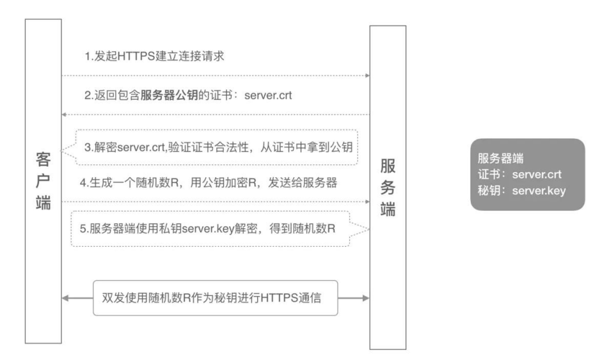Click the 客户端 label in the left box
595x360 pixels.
coord(42,181)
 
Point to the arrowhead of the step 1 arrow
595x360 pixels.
coord(368,75)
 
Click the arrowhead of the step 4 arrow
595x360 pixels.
coord(368,201)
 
